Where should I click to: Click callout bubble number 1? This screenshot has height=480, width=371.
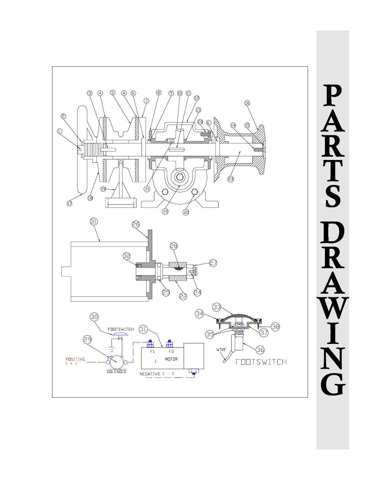click(x=60, y=131)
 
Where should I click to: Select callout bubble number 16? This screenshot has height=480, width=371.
click(x=247, y=103)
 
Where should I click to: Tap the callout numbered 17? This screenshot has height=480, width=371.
click(x=70, y=203)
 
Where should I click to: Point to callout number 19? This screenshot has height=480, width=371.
click(x=103, y=189)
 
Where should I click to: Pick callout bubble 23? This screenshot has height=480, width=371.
click(x=231, y=179)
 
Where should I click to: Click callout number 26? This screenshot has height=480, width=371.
click(x=136, y=224)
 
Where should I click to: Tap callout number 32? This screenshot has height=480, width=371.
click(x=127, y=256)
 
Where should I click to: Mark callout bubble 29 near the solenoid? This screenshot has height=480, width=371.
click(x=88, y=340)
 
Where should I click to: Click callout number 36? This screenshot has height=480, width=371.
click(x=260, y=350)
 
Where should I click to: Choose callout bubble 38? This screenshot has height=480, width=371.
click(x=275, y=327)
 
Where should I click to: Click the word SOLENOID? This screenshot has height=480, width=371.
click(x=116, y=372)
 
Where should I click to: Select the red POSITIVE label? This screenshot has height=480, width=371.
click(x=75, y=359)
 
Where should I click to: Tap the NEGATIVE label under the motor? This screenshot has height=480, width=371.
click(x=150, y=374)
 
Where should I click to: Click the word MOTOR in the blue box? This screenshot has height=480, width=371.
click(x=171, y=359)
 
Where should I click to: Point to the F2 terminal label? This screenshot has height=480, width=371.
click(x=171, y=352)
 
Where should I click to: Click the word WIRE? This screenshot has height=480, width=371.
click(x=222, y=349)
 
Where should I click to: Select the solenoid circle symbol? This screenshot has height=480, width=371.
click(x=116, y=362)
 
